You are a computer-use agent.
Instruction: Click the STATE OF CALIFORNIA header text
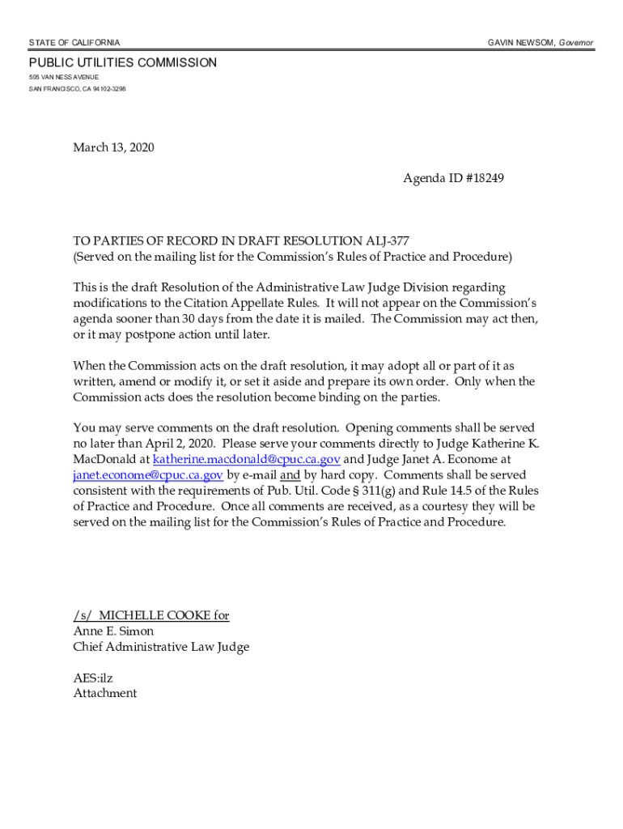[74, 42]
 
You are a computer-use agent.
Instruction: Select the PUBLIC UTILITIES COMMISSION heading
[123, 63]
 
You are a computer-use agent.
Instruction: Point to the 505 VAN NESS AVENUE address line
[64, 78]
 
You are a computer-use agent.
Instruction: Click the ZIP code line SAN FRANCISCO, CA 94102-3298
[78, 88]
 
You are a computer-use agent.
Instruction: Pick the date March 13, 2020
[113, 147]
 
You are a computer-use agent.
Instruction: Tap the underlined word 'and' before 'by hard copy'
[290, 475]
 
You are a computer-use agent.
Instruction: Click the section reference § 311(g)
[374, 491]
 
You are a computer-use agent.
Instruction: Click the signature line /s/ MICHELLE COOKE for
[151, 616]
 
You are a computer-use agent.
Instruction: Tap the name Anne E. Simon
[113, 631]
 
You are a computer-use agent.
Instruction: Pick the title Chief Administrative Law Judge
[161, 647]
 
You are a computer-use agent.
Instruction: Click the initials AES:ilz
[98, 678]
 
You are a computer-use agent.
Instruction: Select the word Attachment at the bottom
[105, 694]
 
